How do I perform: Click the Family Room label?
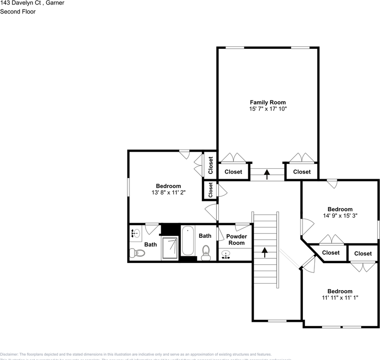268,102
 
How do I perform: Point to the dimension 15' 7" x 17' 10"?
268,109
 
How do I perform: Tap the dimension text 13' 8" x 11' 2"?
168,192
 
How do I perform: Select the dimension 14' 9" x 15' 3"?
340,216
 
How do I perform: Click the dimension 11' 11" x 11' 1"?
340,298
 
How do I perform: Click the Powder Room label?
236,240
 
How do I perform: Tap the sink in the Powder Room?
226,255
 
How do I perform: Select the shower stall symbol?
170,248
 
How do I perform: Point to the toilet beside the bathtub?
206,252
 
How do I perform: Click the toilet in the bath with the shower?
137,253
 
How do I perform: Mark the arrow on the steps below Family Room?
267,174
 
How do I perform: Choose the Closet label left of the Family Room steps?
233,172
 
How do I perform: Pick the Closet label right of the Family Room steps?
302,172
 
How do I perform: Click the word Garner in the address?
55,3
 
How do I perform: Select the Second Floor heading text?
18,12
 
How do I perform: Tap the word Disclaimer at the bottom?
9,354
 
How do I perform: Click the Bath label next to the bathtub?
205,236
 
